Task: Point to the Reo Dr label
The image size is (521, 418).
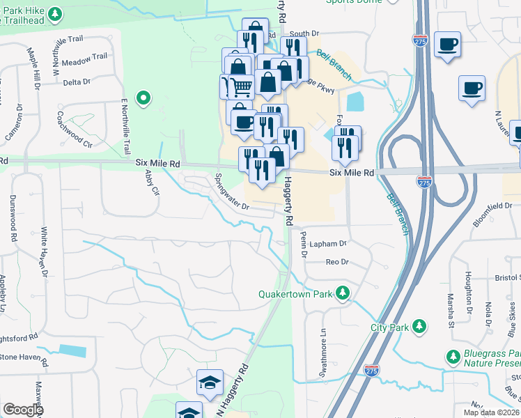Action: tap(336, 262)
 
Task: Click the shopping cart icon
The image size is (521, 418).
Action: tap(241, 87)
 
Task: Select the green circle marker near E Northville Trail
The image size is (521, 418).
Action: tap(143, 98)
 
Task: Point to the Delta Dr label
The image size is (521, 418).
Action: tap(77, 82)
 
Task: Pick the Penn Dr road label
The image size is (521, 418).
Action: tap(304, 246)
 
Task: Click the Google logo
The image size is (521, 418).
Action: tap(23, 410)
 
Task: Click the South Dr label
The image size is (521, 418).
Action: tap(304, 33)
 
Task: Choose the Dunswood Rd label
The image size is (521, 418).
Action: tap(13, 217)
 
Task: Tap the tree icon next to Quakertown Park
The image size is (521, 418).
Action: tap(342, 293)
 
